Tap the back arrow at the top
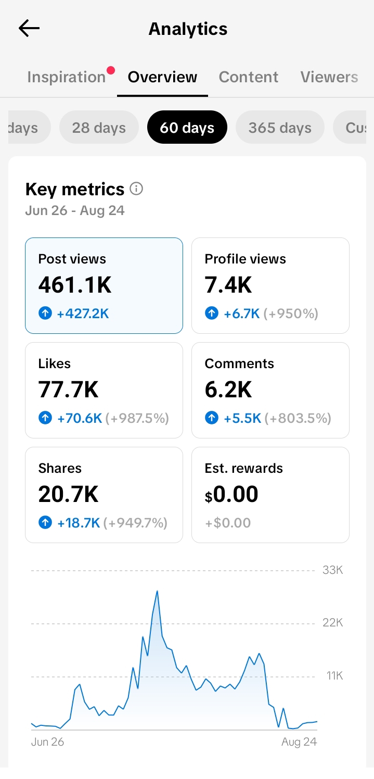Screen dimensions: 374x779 tap(29, 28)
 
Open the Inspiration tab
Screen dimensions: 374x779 tap(67, 77)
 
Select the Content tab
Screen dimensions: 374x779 tap(248, 77)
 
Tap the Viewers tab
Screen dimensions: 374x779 tap(329, 77)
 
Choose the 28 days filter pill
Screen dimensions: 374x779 tap(99, 127)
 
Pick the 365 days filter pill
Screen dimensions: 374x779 tap(280, 127)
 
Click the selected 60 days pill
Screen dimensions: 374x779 tap(187, 127)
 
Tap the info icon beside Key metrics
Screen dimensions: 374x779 tap(136, 189)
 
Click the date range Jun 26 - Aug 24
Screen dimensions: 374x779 tap(75, 210)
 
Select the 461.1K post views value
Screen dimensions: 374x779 tap(75, 285)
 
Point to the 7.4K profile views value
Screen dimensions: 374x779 tap(228, 285)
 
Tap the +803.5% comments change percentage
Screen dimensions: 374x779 tap(298, 418)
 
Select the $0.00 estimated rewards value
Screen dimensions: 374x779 tap(231, 494)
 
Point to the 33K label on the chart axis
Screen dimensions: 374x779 tap(333, 570)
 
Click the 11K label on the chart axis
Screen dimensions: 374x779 tap(335, 676)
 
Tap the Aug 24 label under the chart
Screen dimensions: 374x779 tap(299, 742)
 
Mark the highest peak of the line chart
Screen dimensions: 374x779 tap(157, 591)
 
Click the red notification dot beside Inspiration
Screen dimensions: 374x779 tap(111, 71)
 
